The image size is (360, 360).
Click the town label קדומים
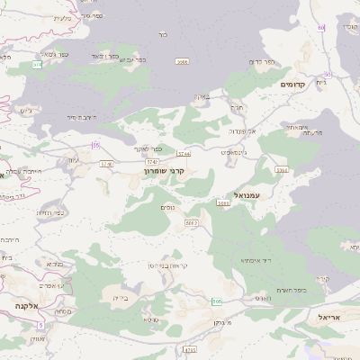coord(292,85)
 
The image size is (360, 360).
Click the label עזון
coord(74,159)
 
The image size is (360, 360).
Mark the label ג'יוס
coord(26,112)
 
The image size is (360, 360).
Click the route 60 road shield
coord(320,28)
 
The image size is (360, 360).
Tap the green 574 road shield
coord(37,65)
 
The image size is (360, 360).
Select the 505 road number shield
coord(217,301)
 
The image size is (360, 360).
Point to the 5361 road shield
coord(282,169)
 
